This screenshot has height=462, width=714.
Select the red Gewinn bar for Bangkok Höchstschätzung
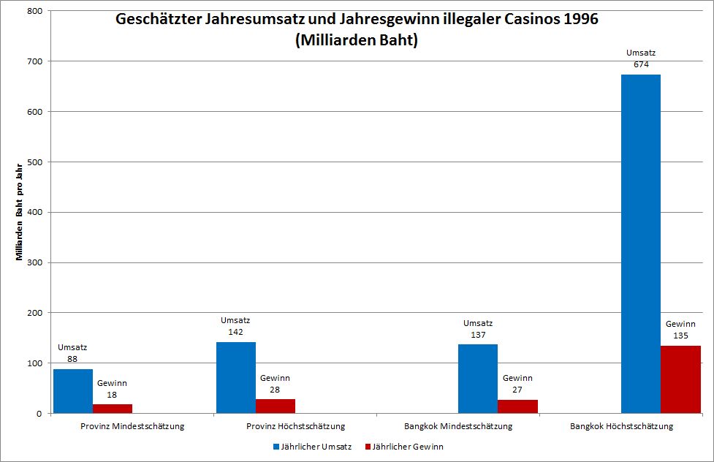(680, 379)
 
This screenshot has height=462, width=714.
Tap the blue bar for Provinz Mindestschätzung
(73, 391)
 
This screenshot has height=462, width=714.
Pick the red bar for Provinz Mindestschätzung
(113, 409)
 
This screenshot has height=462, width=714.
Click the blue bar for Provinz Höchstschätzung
(236, 377)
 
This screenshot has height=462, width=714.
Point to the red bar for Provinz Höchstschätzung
(276, 406)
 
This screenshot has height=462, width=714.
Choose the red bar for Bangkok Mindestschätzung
(517, 406)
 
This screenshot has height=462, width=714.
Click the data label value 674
(641, 64)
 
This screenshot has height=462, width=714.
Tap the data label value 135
(680, 336)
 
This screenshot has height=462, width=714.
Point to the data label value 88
(72, 359)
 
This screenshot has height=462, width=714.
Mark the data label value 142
(235, 331)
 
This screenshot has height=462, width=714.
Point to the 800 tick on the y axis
(34, 11)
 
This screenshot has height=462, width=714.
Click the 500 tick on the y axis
(34, 162)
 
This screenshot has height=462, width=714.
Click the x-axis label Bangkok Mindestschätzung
(458, 425)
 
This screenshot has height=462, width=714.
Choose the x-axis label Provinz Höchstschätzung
(295, 425)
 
